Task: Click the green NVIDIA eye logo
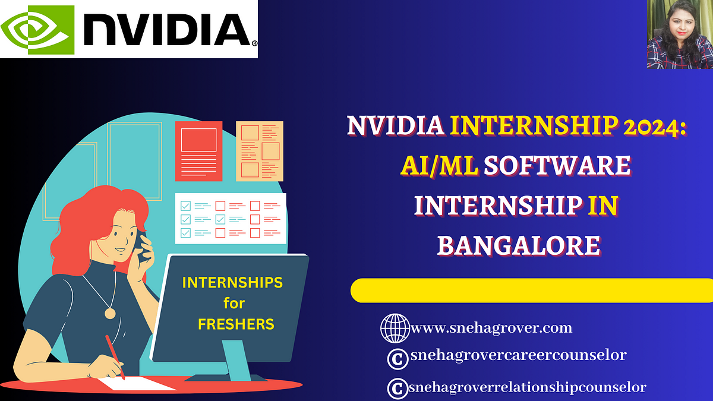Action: pyautogui.click(x=37, y=30)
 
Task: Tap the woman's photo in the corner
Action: pyautogui.click(x=680, y=34)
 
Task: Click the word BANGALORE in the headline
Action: pyautogui.click(x=519, y=245)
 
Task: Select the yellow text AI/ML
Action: pyautogui.click(x=439, y=166)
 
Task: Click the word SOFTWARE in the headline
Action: pyautogui.click(x=557, y=166)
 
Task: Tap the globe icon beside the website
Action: pyautogui.click(x=395, y=328)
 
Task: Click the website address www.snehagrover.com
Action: pyautogui.click(x=492, y=328)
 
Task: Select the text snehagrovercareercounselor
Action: pyautogui.click(x=519, y=355)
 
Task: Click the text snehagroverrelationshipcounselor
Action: pyautogui.click(x=528, y=387)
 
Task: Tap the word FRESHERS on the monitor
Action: pyautogui.click(x=236, y=324)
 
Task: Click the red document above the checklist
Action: pyautogui.click(x=198, y=151)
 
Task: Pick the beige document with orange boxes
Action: pyautogui.click(x=260, y=151)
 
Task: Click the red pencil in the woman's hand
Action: pyautogui.click(x=115, y=356)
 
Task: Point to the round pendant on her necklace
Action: pyautogui.click(x=110, y=314)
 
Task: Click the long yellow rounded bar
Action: pyautogui.click(x=532, y=291)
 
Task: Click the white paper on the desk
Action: pyautogui.click(x=137, y=383)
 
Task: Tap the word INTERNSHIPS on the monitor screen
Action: pyautogui.click(x=232, y=283)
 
